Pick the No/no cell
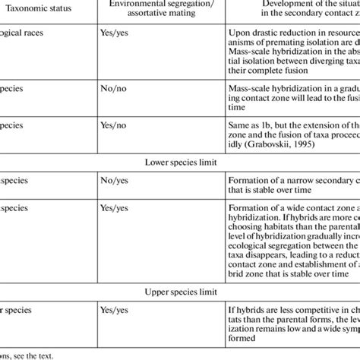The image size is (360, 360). click(x=115, y=88)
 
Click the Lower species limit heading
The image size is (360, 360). click(x=180, y=161)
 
